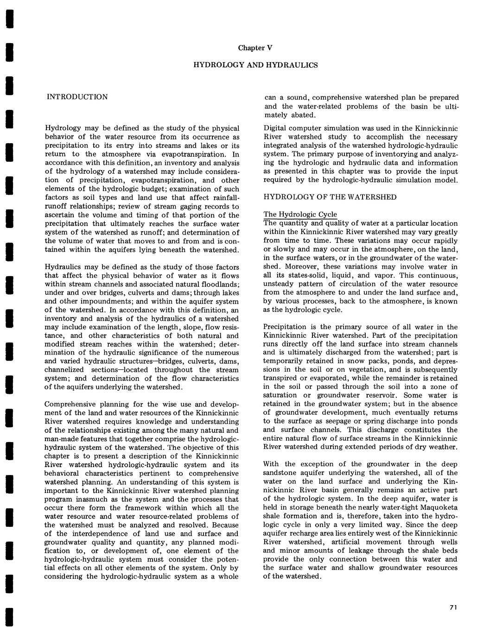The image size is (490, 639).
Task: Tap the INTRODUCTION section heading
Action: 77,97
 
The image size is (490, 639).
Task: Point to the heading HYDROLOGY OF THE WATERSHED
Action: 330,197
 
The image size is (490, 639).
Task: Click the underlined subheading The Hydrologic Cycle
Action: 300,214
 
